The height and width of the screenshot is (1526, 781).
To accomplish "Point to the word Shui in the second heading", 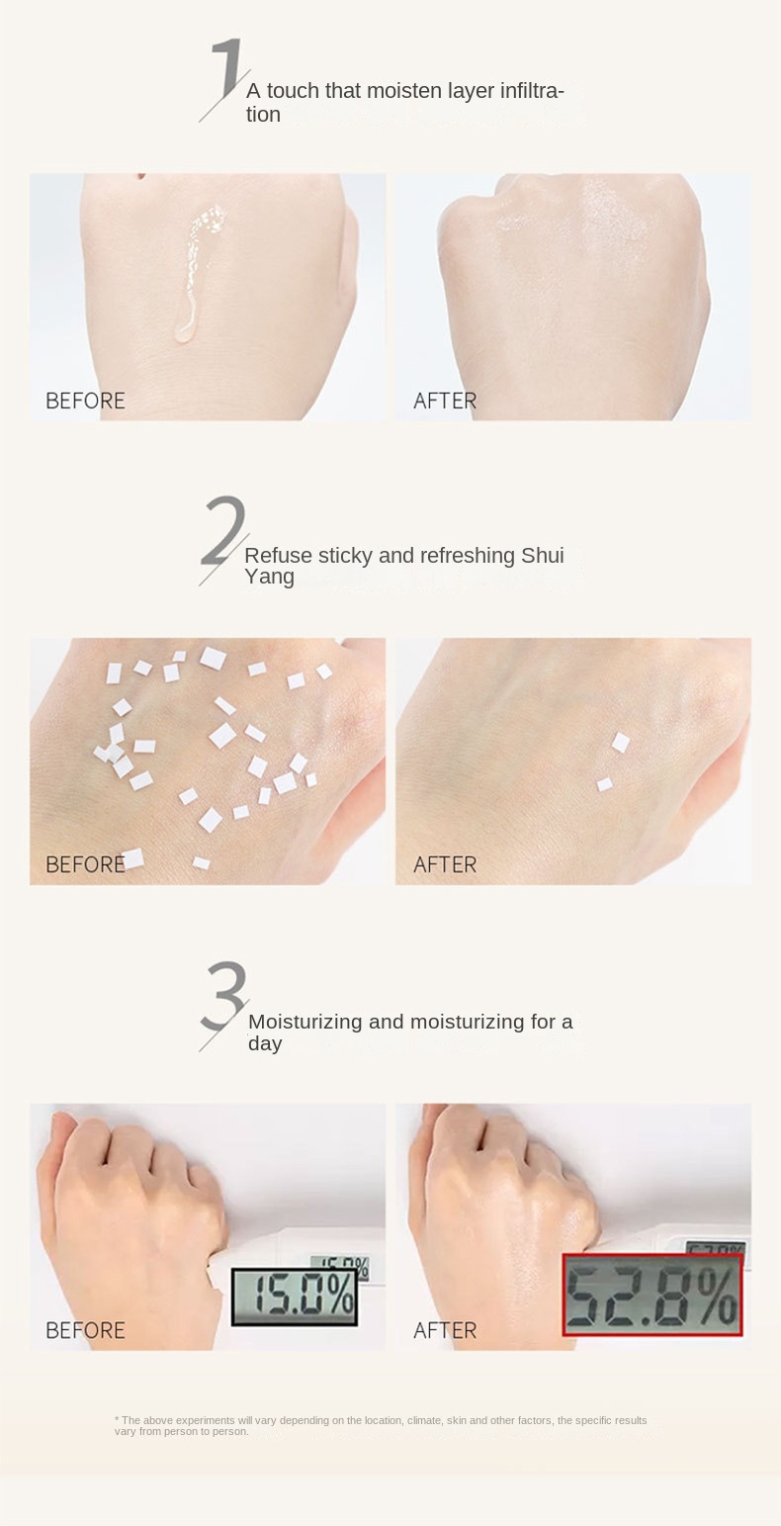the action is (x=543, y=555).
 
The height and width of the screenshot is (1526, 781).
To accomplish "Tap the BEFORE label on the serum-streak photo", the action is (x=85, y=401).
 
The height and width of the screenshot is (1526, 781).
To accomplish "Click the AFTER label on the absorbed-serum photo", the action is (x=445, y=401).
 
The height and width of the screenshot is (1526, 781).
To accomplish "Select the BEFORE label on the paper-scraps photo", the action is (x=85, y=864).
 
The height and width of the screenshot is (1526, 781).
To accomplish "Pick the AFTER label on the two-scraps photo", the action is (x=445, y=864).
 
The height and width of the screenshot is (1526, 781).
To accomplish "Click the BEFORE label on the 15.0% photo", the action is (x=85, y=1330).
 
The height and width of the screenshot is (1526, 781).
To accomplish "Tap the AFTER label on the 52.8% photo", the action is (x=445, y=1330).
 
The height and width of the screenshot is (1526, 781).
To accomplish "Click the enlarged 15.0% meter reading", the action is (x=295, y=1297).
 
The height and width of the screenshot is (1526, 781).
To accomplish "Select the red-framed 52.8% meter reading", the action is (x=652, y=1295).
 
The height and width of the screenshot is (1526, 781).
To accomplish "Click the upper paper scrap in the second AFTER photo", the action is (x=620, y=743).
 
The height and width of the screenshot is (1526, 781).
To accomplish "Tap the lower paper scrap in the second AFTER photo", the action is (x=605, y=785).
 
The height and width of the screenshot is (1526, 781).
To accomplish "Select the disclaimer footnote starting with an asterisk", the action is (x=381, y=1426).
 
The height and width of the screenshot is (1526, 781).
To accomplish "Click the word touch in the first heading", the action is (x=293, y=91).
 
